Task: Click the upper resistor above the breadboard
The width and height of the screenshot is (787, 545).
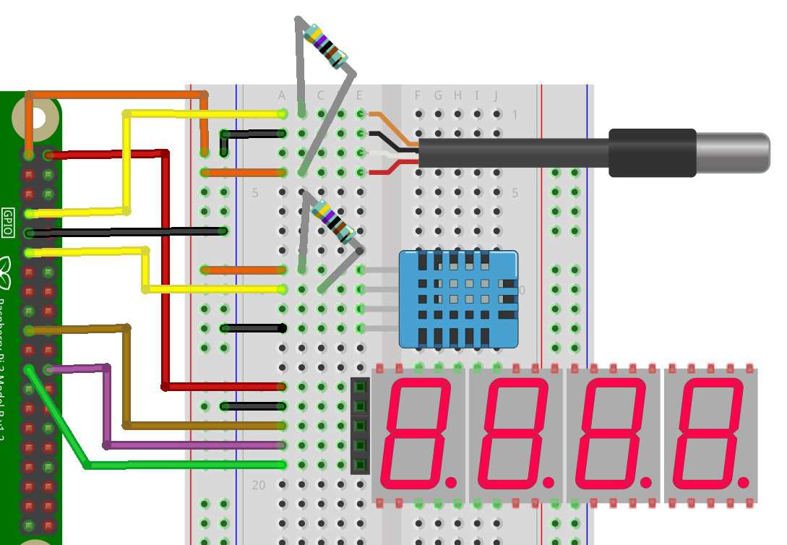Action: pyautogui.click(x=326, y=46)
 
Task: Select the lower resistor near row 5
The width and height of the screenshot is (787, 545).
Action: pyautogui.click(x=332, y=220)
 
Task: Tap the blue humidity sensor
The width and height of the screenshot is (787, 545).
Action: pyautogui.click(x=458, y=299)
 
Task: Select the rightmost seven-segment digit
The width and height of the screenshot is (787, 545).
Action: pyautogui.click(x=710, y=433)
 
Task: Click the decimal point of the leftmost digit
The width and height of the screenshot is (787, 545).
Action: pyautogui.click(x=452, y=481)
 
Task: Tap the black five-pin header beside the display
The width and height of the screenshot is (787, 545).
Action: pyautogui.click(x=360, y=426)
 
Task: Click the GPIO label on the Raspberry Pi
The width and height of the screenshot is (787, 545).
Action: pyautogui.click(x=8, y=223)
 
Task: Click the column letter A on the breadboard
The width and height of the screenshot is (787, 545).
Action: pyautogui.click(x=282, y=95)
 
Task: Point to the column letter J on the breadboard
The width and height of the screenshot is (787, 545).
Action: pyautogui.click(x=496, y=95)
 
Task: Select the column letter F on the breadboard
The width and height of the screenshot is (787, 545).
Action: pyautogui.click(x=418, y=95)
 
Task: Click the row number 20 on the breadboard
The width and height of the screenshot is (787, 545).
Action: pyautogui.click(x=259, y=485)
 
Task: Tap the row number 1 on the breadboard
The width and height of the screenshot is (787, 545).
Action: pyautogui.click(x=515, y=115)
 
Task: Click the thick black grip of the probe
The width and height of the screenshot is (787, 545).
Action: pyautogui.click(x=652, y=153)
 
